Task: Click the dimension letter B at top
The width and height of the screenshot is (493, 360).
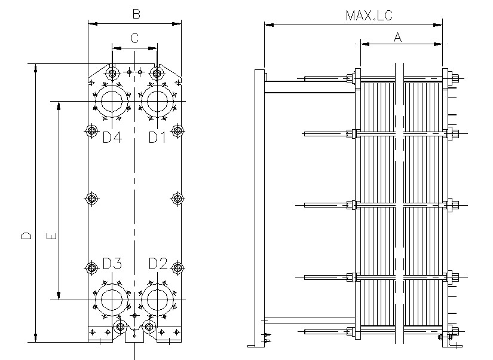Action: click(136, 13)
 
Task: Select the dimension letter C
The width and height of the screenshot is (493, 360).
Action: click(134, 38)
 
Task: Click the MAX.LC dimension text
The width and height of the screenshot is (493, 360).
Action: click(369, 16)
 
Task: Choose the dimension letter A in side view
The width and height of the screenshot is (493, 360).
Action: click(397, 37)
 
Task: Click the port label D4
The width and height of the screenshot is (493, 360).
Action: click(112, 138)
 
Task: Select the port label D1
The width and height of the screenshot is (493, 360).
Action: click(157, 138)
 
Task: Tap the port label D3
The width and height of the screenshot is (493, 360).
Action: click(112, 264)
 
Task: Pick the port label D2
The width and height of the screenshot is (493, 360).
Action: click(158, 264)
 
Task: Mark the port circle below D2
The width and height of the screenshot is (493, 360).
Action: click(157, 299)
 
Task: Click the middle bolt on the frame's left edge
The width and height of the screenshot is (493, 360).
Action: click(91, 199)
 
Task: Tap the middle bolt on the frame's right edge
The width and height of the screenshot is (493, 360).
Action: click(177, 199)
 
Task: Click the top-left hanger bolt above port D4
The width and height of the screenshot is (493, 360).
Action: click(112, 74)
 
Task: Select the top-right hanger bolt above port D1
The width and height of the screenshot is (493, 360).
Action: click(157, 74)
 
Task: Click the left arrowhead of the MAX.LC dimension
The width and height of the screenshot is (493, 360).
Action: click(267, 25)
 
